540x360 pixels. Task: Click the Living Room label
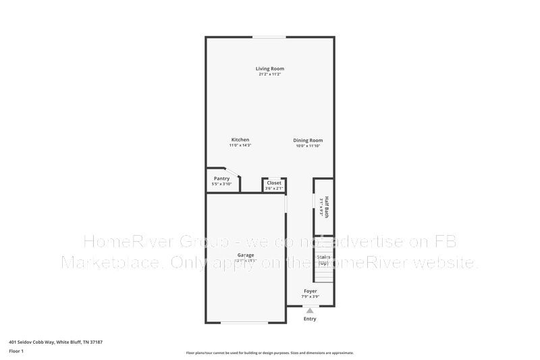pos(269,68)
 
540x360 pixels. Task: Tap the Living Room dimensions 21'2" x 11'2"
pos(269,74)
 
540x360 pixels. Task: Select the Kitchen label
pos(240,140)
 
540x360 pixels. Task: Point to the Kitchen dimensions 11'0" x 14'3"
pos(240,146)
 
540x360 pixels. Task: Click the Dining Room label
pos(308,140)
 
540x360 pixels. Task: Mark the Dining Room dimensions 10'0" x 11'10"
pos(308,146)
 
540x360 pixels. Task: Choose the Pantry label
pos(221,178)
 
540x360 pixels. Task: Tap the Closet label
pos(274,182)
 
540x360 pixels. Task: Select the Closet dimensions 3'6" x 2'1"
pos(274,188)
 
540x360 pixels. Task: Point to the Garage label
pos(245,255)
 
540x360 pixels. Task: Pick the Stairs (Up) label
pos(323,259)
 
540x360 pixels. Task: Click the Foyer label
pos(310,291)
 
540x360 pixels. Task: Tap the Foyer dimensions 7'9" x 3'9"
pos(310,297)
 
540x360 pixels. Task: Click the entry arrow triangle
pos(310,310)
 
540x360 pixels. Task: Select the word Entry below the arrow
pos(310,319)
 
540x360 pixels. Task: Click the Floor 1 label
pos(16,351)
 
